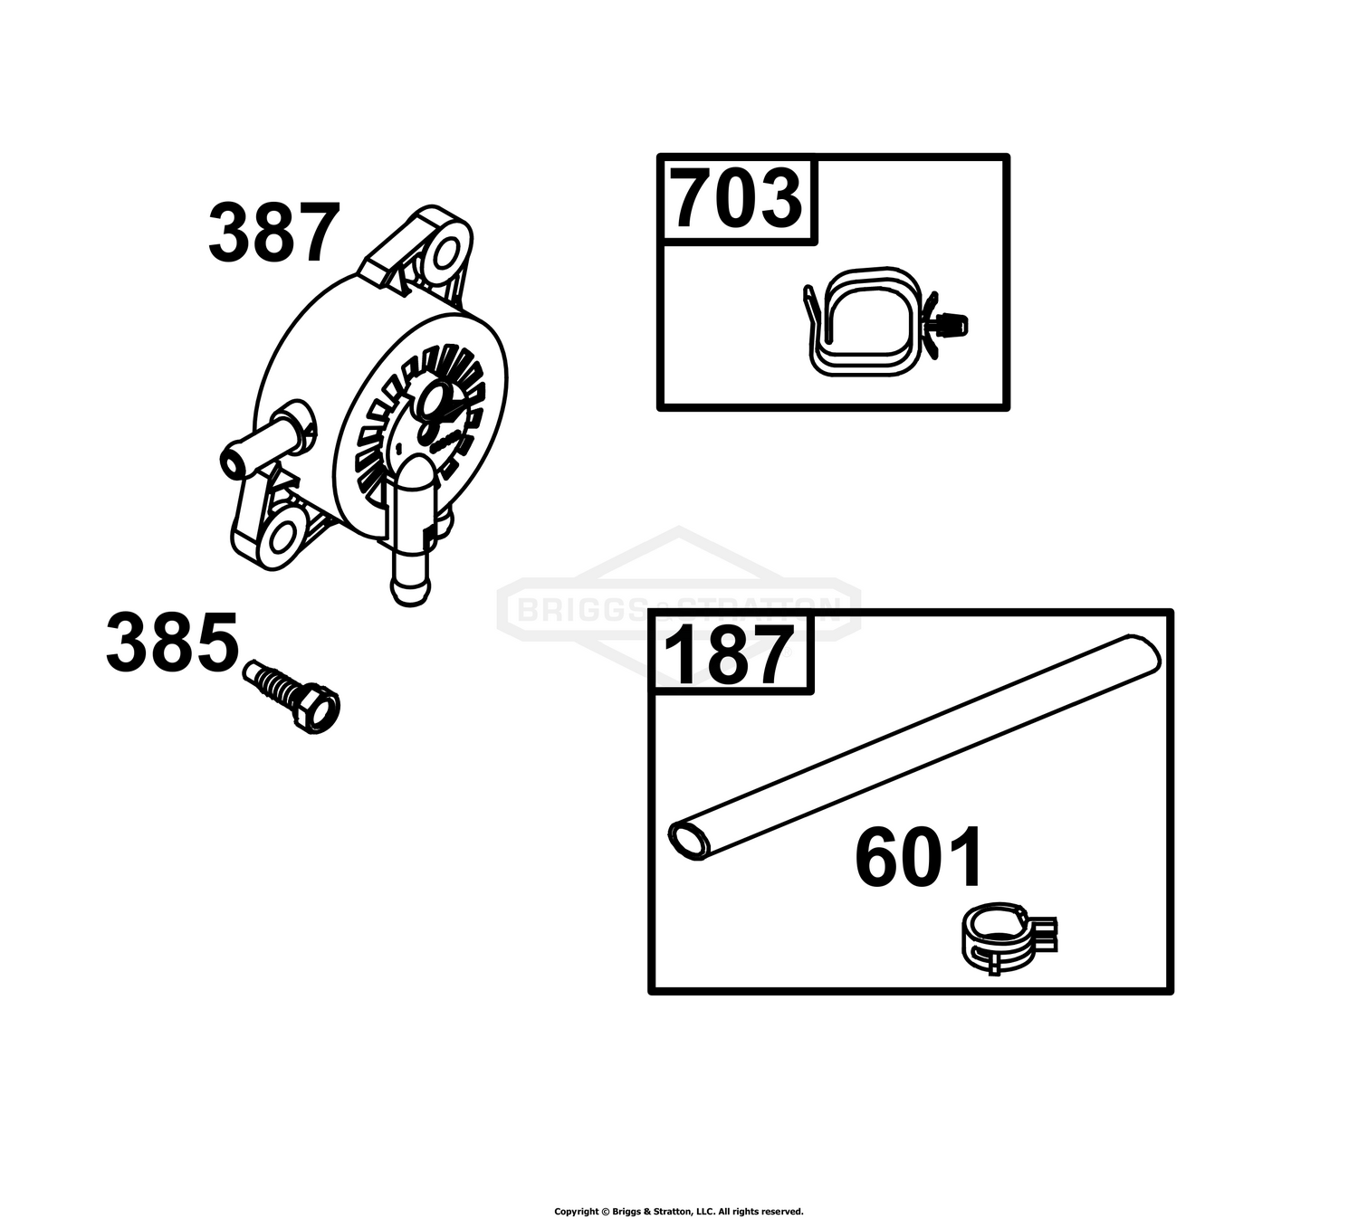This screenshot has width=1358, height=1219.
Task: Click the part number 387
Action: coord(274,233)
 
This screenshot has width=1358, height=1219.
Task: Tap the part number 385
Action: coord(172,642)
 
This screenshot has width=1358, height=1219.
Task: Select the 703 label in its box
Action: coord(736,199)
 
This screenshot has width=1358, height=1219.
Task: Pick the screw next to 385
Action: coord(292,696)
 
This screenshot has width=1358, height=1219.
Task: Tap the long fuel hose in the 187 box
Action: coord(914,748)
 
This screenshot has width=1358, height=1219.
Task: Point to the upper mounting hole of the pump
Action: coord(444,254)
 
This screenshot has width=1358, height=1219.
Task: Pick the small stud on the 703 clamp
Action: coord(951,325)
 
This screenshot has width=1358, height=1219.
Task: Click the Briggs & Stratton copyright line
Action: coord(678,1211)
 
